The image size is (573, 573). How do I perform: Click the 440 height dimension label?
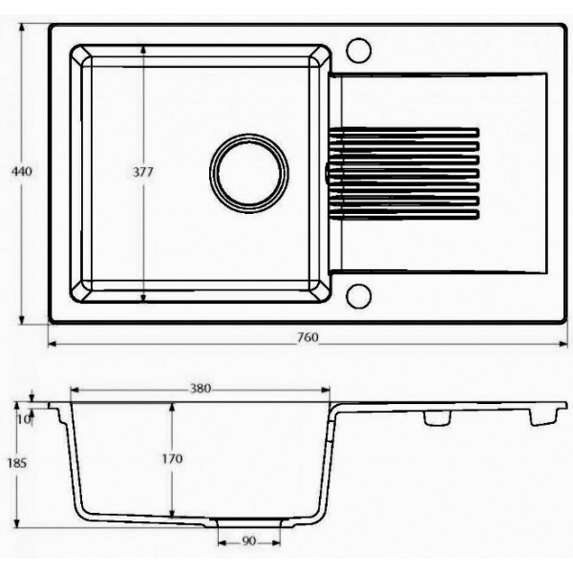(x=22, y=171)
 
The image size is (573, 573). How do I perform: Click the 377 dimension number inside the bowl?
(x=143, y=172)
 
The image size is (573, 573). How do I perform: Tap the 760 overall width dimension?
(x=308, y=337)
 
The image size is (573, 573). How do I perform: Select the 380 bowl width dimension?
(x=201, y=388)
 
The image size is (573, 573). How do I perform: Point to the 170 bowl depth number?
(x=172, y=458)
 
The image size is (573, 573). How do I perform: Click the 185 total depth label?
(x=17, y=463)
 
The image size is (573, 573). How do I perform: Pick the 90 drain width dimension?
(x=249, y=541)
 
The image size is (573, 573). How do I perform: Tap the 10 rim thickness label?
(x=24, y=420)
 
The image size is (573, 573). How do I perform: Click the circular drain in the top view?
(x=249, y=173)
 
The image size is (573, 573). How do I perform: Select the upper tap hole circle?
(x=358, y=51)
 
